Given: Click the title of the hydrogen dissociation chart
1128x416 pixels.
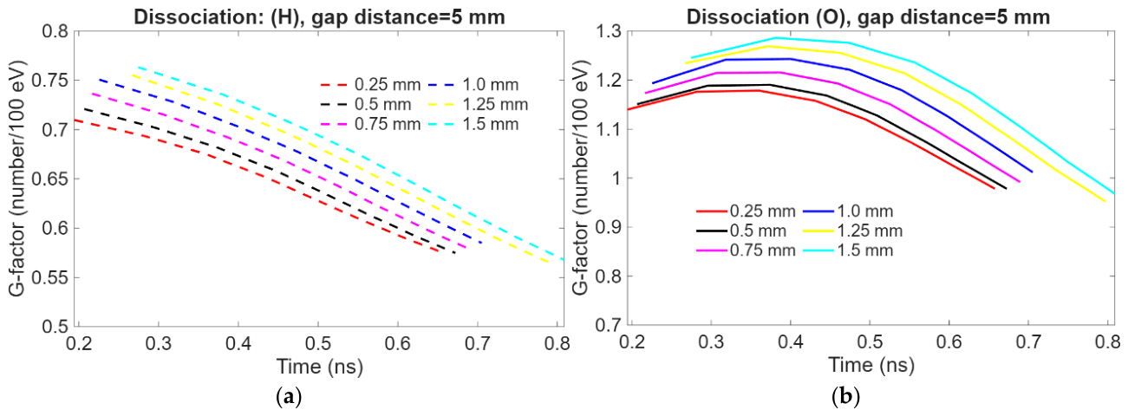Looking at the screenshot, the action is tap(319, 17).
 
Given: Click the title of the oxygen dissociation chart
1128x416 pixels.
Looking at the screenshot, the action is tap(868, 17).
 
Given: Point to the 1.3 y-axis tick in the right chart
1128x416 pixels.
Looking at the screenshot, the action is tap(609, 31).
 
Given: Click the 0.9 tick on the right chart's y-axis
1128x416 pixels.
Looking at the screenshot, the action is tap(609, 227).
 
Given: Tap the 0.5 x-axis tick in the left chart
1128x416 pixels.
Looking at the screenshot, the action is tap(317, 343).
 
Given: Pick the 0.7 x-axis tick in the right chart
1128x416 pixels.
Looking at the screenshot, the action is tap(1028, 342).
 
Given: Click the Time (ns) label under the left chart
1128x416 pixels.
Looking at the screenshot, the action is tap(319, 367).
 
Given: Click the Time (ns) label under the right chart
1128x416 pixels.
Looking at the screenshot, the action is tap(871, 365).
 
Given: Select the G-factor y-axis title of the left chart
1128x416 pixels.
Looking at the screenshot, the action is tap(17, 179).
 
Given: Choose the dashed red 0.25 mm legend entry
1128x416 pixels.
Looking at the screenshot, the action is tap(370, 85).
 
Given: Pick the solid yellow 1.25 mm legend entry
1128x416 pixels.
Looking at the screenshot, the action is tap(853, 231).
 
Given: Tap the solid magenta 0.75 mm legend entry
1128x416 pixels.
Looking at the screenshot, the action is tap(747, 250).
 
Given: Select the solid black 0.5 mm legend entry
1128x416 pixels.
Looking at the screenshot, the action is tap(741, 231).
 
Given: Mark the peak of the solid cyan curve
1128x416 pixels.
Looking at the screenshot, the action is tap(775, 38).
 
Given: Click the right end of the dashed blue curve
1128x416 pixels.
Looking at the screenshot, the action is tap(481, 243).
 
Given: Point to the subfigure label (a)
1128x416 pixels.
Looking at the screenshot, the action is tap(289, 398).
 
